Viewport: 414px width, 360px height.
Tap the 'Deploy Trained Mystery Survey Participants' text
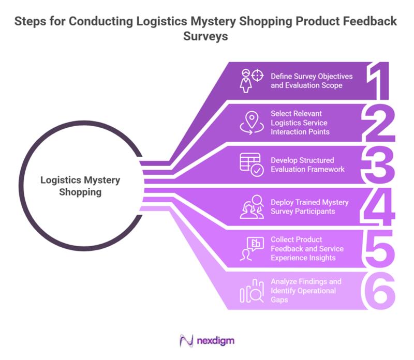pyautogui.click(x=309, y=206)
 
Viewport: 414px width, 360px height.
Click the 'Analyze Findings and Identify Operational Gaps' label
pyautogui.click(x=305, y=291)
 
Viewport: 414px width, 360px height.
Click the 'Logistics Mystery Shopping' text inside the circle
pyautogui.click(x=80, y=186)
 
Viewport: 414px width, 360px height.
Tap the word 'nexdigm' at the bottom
pyautogui.click(x=216, y=341)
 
